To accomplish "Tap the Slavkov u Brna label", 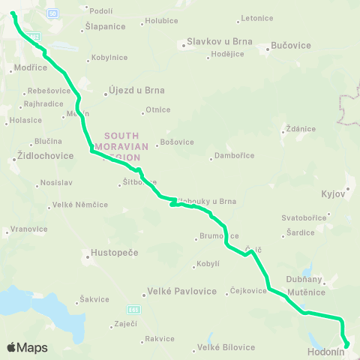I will coord(220,43).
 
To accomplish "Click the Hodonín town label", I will coord(326,350).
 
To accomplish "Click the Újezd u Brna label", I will coord(136,91).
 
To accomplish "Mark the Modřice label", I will coord(30,67).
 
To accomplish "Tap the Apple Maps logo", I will coord(27,347).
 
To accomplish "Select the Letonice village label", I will coord(258,18).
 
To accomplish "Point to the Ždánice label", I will coord(299,128).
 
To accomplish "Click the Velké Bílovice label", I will coord(226,347).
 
